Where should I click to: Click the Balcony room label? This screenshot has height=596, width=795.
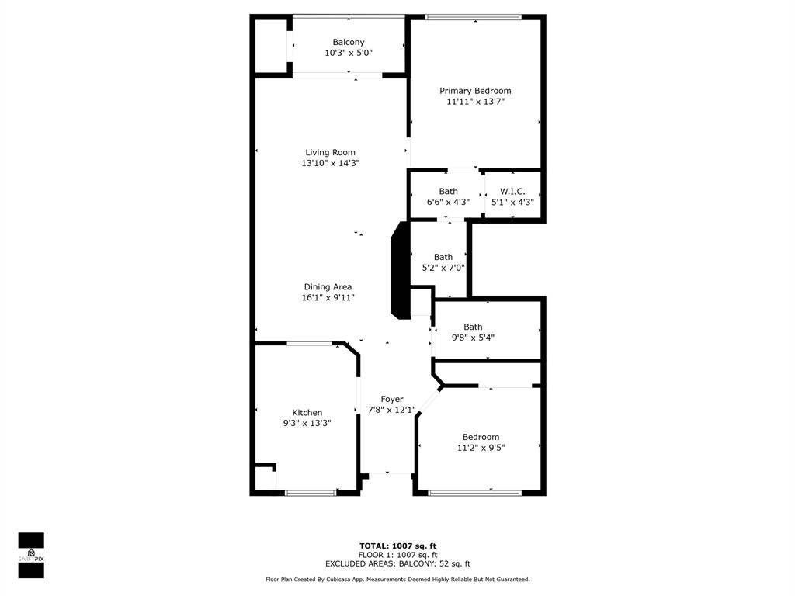(349, 42)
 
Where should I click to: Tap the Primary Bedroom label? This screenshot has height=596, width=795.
(475, 91)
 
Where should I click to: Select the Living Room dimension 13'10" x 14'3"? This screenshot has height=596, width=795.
(331, 163)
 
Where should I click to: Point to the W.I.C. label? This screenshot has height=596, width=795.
(512, 191)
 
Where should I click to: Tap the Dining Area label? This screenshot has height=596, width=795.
(328, 286)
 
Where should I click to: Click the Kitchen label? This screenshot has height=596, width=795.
(307, 412)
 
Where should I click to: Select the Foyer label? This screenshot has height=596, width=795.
(392, 399)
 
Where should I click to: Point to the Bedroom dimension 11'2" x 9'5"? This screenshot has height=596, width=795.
(481, 447)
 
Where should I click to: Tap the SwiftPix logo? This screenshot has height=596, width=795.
(31, 556)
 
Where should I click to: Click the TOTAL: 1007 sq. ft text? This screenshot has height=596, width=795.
(397, 546)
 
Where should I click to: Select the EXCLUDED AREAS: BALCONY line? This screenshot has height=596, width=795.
(397, 564)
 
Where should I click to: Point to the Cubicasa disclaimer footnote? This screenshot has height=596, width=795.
(397, 580)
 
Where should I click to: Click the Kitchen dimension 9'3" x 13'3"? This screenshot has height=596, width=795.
(307, 423)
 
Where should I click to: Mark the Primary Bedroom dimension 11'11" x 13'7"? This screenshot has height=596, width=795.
(475, 101)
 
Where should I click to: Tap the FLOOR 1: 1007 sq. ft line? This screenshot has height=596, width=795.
(397, 555)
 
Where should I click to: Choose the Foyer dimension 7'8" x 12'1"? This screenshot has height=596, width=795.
(392, 410)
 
